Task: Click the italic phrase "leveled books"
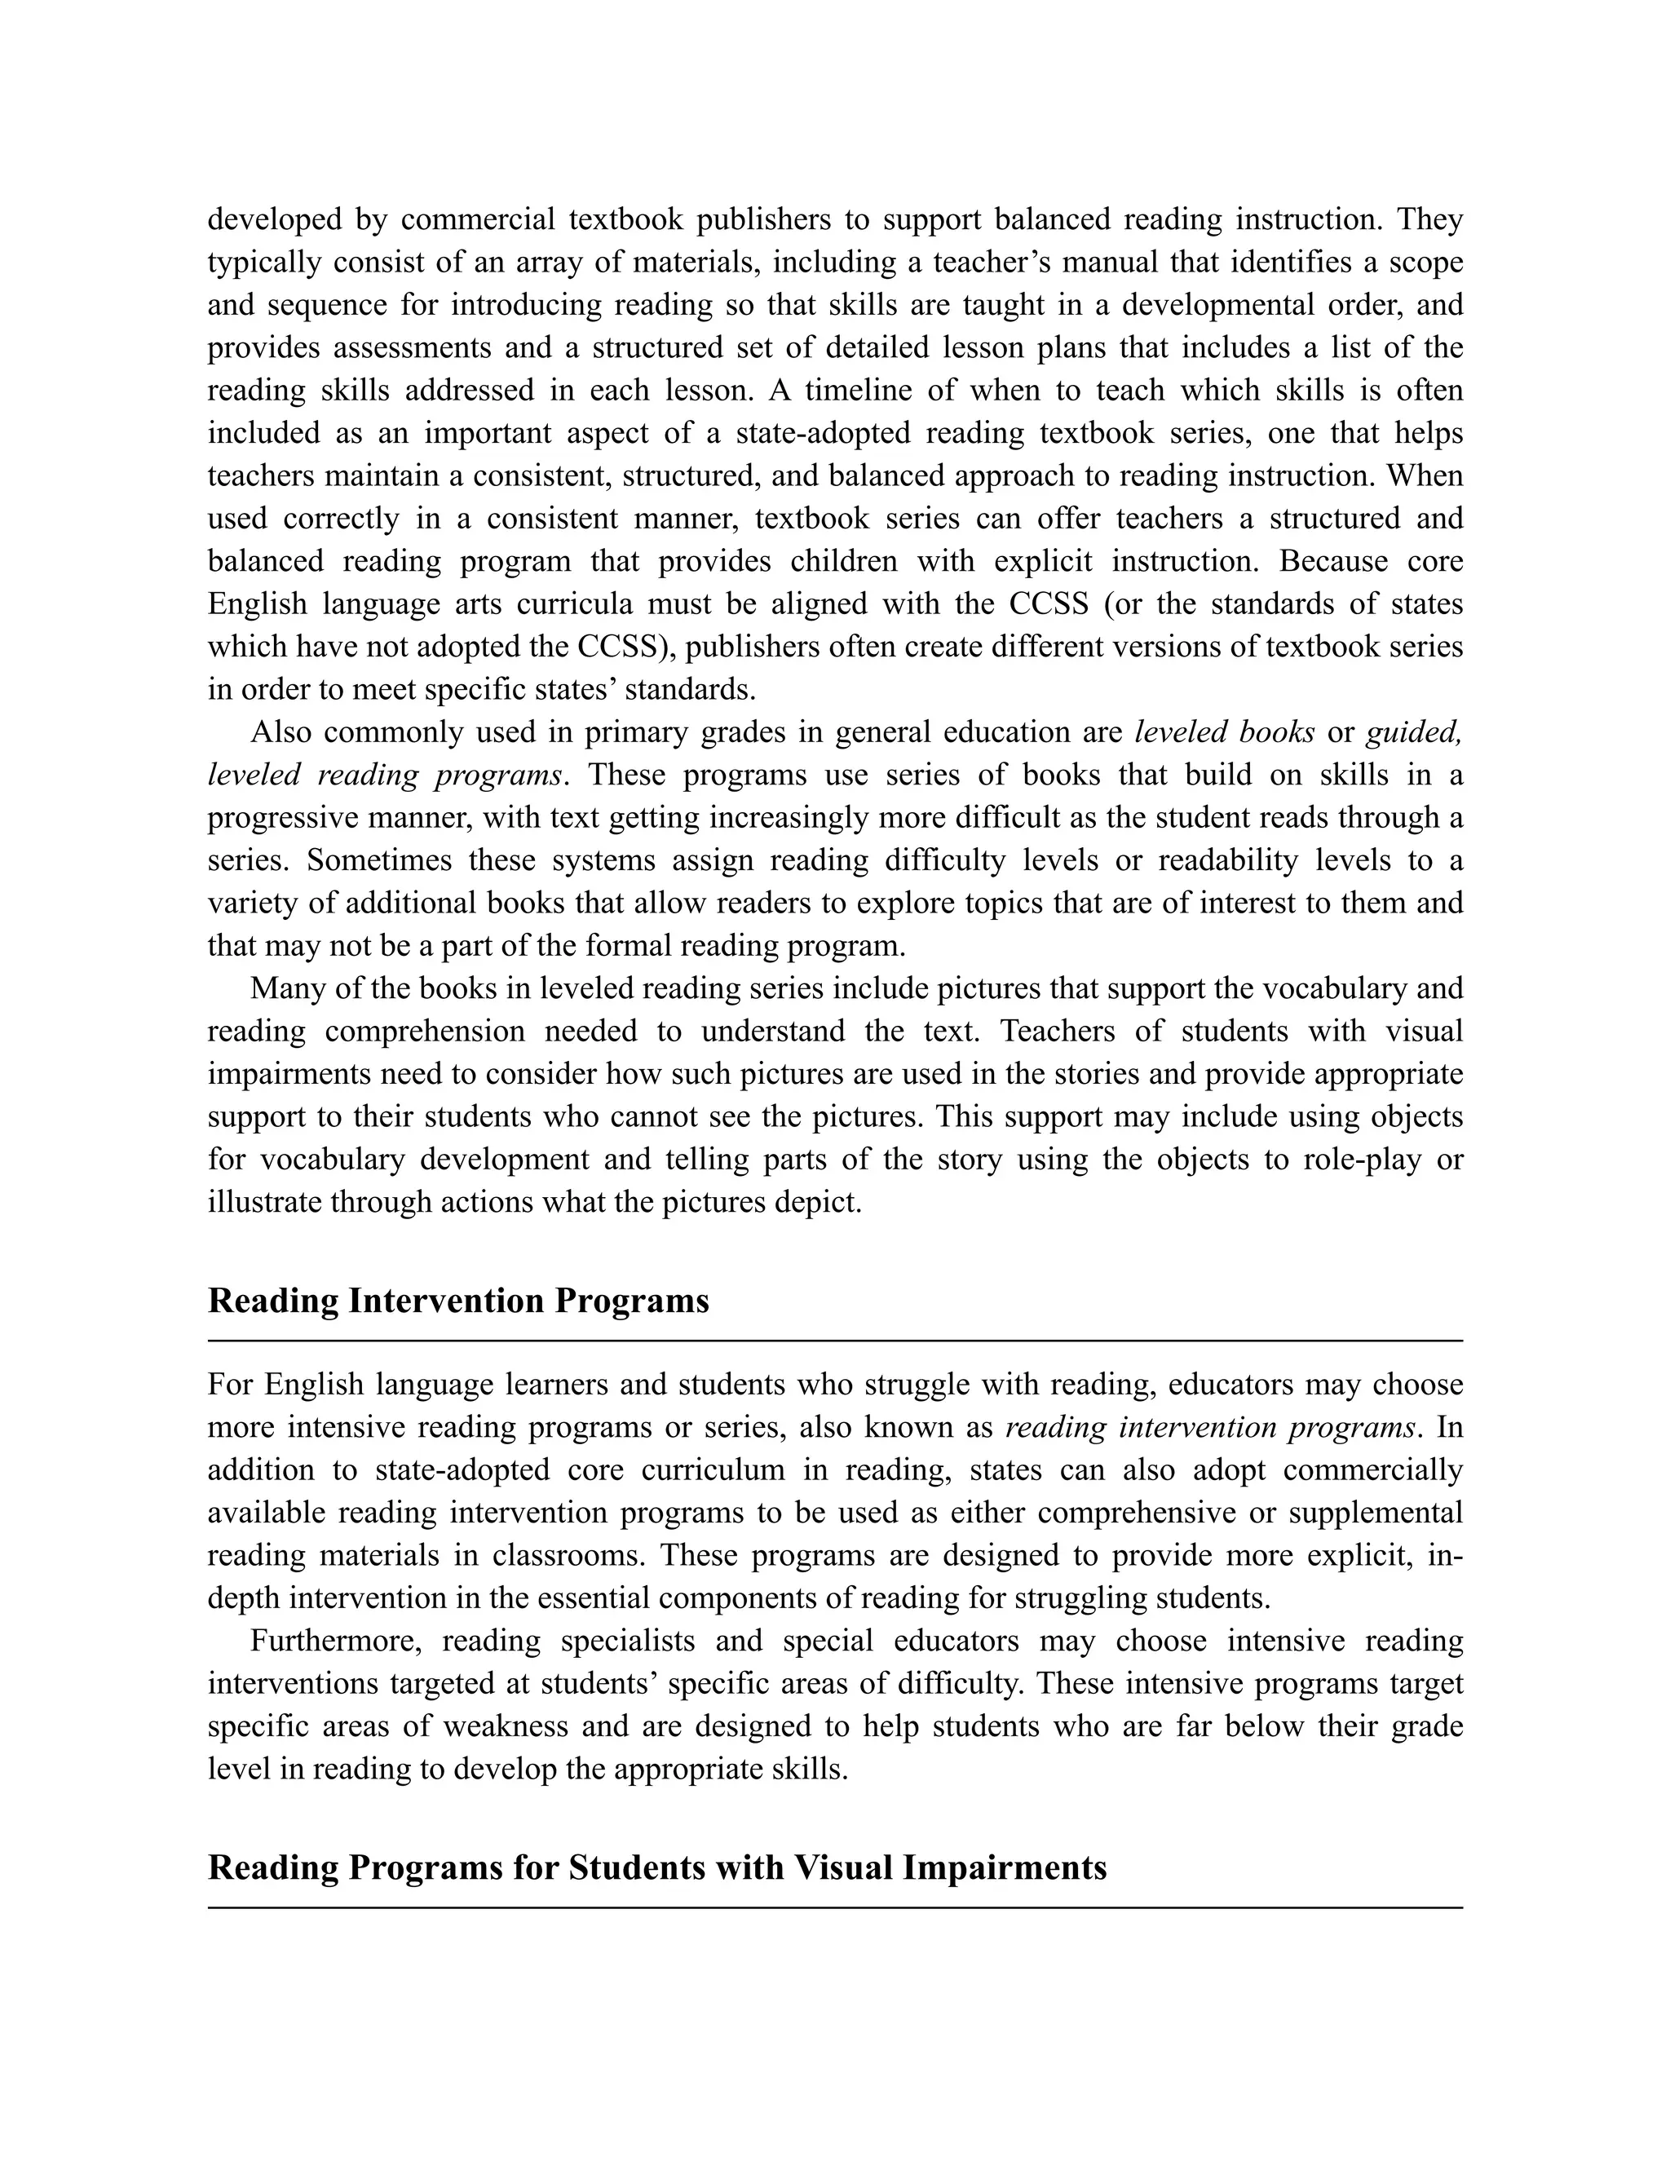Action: coord(1224,732)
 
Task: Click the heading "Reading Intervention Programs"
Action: coord(458,1300)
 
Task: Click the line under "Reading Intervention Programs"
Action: coord(834,1341)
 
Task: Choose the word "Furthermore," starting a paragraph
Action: coord(337,1641)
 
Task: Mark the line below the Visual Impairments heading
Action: coord(834,1907)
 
